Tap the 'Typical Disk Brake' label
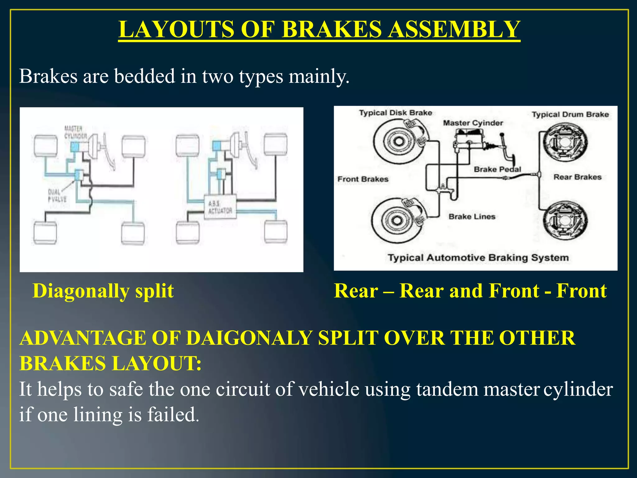[x=396, y=113]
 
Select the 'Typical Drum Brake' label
[x=570, y=115]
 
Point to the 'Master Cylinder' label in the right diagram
[x=473, y=123]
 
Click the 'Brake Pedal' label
[x=497, y=169]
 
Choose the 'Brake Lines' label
[x=472, y=217]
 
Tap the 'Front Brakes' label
[x=363, y=179]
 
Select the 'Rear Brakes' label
[x=577, y=177]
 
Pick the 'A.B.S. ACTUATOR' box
[x=220, y=207]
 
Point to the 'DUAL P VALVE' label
[x=57, y=196]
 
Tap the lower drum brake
[x=565, y=220]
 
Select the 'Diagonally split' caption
[x=103, y=291]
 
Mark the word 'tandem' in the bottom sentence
[x=447, y=389]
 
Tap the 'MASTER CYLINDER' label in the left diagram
[x=75, y=132]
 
